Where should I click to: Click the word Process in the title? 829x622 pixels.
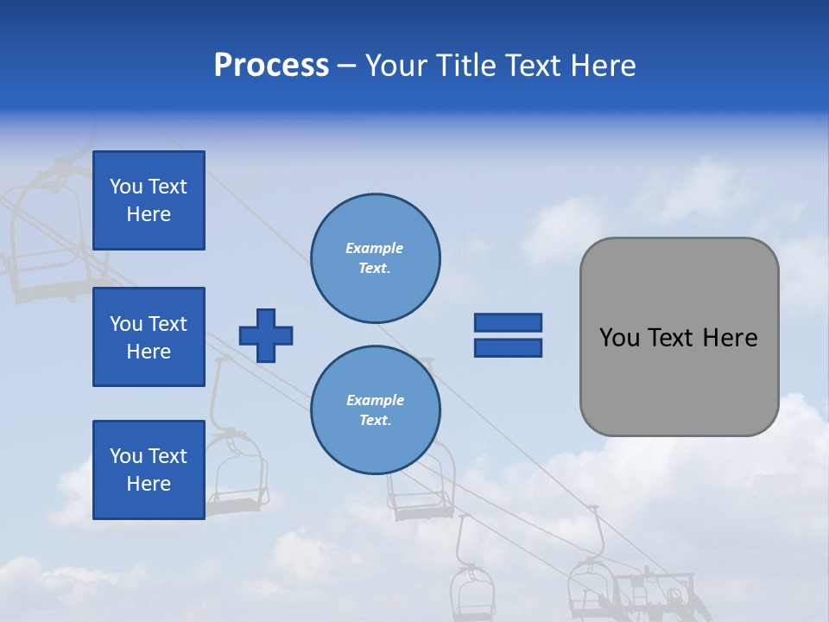[271, 66]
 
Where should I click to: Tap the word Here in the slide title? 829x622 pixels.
[603, 66]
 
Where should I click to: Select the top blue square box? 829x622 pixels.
[149, 200]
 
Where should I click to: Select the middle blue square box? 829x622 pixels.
[149, 337]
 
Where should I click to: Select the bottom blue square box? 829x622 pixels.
[149, 470]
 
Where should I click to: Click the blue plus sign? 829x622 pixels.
[266, 335]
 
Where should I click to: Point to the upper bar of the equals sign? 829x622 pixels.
[508, 322]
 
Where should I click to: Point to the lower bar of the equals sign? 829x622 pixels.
[508, 347]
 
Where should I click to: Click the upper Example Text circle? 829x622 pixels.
[375, 258]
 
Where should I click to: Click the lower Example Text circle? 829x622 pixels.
[375, 410]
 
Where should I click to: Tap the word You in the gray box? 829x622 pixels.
[619, 338]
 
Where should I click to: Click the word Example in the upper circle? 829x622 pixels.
[375, 248]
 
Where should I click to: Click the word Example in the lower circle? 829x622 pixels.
[375, 400]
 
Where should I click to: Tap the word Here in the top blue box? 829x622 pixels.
[149, 214]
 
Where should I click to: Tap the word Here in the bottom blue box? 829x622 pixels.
[149, 484]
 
